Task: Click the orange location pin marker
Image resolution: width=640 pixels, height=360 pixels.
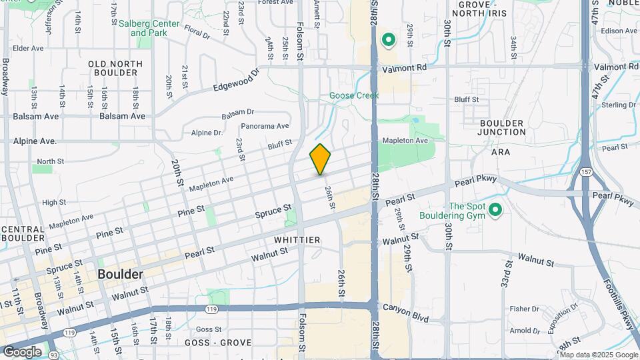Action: point(320,159)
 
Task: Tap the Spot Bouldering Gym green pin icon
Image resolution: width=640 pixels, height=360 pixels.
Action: point(495,211)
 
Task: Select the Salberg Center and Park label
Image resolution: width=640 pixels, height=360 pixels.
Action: point(149,28)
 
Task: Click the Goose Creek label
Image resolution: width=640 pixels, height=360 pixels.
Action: point(354,95)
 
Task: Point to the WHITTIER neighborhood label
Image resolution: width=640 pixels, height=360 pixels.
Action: point(297,239)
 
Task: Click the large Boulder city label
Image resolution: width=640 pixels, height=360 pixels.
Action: point(120,274)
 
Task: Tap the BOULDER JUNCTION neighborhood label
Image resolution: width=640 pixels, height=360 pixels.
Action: point(501,127)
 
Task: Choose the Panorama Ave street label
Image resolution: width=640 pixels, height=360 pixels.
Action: point(265,126)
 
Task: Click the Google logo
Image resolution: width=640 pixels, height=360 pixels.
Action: point(21,351)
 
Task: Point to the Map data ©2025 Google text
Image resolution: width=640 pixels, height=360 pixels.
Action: point(599,355)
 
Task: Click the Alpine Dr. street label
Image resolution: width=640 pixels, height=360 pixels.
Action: point(207,133)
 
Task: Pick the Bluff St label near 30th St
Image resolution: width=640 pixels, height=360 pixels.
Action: point(467,99)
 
